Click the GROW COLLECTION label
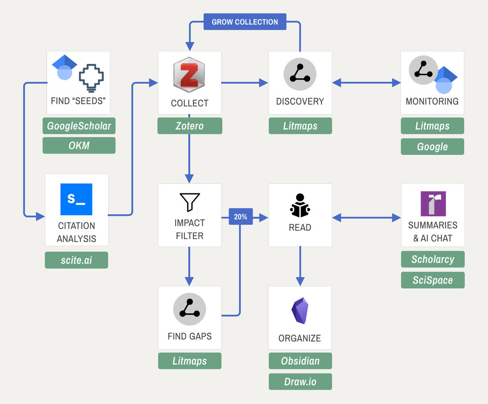245,22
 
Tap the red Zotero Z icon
190,76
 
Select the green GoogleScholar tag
79,126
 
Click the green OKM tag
79,146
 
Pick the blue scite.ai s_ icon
76,199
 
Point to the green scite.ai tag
76,260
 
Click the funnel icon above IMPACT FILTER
190,202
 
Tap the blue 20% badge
241,217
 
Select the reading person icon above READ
300,205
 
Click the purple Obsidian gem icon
300,310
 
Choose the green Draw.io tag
300,381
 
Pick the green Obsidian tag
300,361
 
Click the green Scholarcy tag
433,259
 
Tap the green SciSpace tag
433,280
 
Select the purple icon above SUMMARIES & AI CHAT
433,204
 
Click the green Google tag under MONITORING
432,147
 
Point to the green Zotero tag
190,126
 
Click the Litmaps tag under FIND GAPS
190,361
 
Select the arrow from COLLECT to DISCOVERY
245,83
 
